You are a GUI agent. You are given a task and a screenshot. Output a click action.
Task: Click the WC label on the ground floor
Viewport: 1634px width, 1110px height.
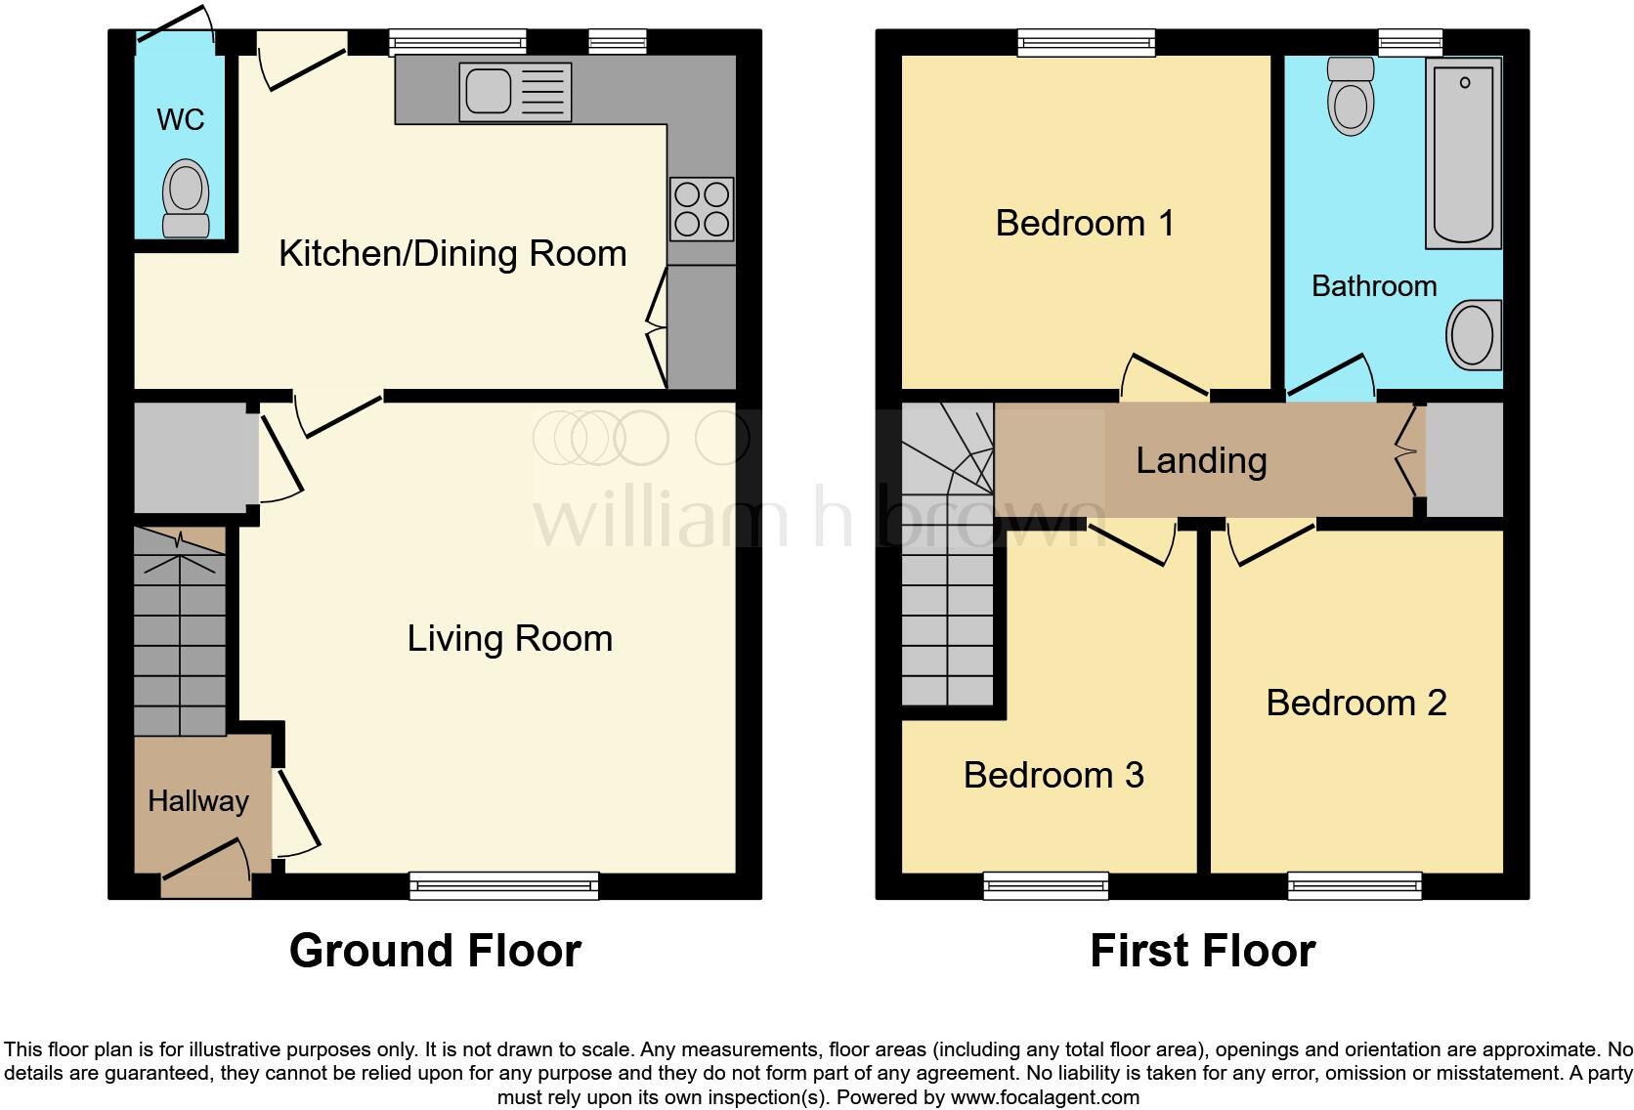[x=180, y=119]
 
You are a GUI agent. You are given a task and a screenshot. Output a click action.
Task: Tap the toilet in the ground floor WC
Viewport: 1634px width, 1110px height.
[x=186, y=198]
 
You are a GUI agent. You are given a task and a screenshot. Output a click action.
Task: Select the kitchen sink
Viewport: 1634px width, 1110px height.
[x=515, y=92]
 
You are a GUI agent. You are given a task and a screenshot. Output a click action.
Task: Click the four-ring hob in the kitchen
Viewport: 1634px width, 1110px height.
[x=702, y=209]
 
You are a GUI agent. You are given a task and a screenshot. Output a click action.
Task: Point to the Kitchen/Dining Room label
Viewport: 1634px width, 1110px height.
[x=453, y=254]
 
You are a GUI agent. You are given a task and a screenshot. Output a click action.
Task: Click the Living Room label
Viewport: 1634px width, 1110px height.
[x=510, y=639]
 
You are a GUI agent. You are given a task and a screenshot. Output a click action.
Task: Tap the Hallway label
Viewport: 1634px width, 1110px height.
[x=198, y=801]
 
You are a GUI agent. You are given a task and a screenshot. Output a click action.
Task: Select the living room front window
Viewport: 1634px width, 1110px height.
[x=504, y=885]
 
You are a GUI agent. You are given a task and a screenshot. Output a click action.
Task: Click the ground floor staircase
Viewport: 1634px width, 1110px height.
[x=180, y=631]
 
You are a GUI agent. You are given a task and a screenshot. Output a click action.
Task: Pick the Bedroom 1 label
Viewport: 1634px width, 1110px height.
[x=1085, y=223]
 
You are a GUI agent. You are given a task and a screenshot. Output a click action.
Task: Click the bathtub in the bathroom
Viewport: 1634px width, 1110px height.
[x=1463, y=153]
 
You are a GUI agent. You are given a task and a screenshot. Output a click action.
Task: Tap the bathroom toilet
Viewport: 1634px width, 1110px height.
[x=1351, y=97]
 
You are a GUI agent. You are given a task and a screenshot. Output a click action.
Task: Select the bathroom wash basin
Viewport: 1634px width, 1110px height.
[x=1474, y=335]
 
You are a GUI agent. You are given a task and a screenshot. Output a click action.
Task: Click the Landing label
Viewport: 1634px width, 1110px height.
[x=1201, y=461]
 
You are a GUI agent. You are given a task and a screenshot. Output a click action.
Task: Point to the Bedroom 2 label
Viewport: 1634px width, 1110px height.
[x=1356, y=704]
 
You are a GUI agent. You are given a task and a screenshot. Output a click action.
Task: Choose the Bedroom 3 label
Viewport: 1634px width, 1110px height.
[x=1053, y=775]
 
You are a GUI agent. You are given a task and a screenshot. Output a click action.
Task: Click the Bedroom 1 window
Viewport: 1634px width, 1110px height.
[x=1086, y=42]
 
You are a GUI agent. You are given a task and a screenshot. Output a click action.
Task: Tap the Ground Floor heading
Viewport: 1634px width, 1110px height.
[x=436, y=951]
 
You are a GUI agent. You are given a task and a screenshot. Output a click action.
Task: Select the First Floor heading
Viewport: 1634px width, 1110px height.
[x=1203, y=951]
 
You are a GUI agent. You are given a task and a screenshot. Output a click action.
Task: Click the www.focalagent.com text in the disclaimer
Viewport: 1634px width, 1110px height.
[x=1045, y=1097]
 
